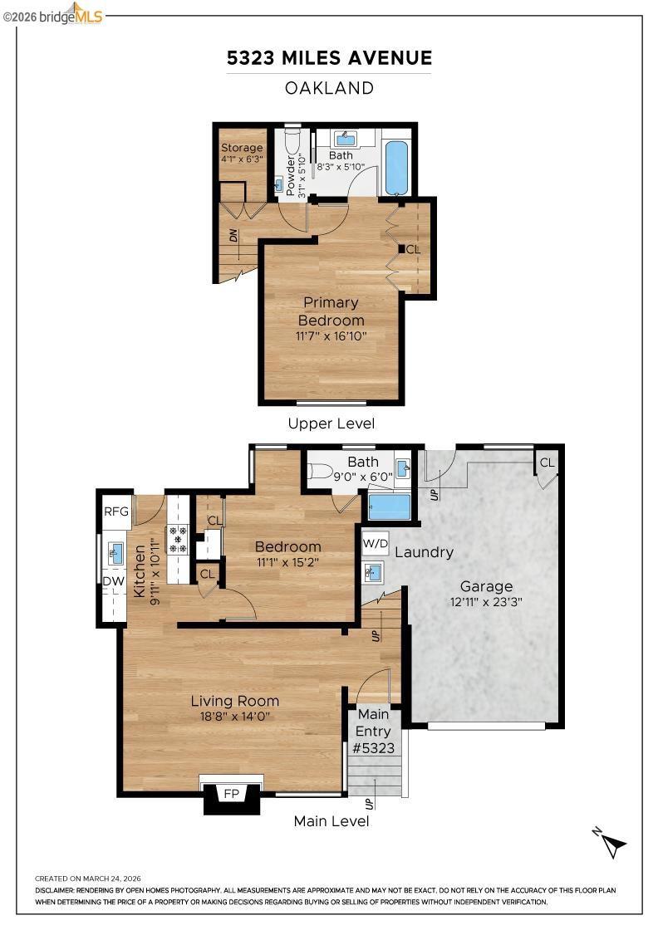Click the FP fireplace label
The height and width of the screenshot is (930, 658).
point(232,794)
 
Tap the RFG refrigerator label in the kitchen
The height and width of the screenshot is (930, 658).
point(116,512)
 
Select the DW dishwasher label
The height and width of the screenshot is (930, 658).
point(113,581)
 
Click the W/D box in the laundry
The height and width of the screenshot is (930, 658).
point(376,543)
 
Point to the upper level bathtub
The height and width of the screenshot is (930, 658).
point(396,167)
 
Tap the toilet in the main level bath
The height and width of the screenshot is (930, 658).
point(320,472)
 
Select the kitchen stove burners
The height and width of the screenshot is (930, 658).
point(178,540)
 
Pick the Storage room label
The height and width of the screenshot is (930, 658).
point(242,148)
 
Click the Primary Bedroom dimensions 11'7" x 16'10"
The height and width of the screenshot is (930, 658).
point(331,335)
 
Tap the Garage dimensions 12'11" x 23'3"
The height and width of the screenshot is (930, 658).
point(486,602)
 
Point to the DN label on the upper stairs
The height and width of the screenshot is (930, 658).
point(233,236)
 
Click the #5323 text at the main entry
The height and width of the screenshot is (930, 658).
point(373,748)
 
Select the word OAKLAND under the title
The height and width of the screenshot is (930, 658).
point(329,88)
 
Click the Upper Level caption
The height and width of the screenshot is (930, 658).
point(331,423)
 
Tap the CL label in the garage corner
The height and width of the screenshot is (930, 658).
point(547,462)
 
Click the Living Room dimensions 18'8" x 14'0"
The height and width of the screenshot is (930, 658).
point(235,717)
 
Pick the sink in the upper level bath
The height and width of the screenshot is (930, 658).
point(346,140)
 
